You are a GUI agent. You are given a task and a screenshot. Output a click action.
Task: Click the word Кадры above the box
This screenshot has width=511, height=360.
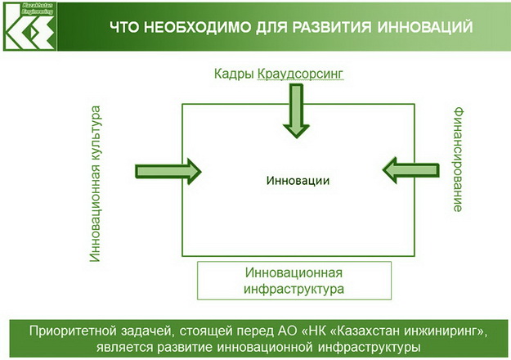[x=232, y=74]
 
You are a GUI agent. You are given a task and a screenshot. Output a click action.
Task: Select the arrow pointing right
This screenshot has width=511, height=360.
[x=168, y=171]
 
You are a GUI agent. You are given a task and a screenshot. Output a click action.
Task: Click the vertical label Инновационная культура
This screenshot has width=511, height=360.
[x=96, y=182]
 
